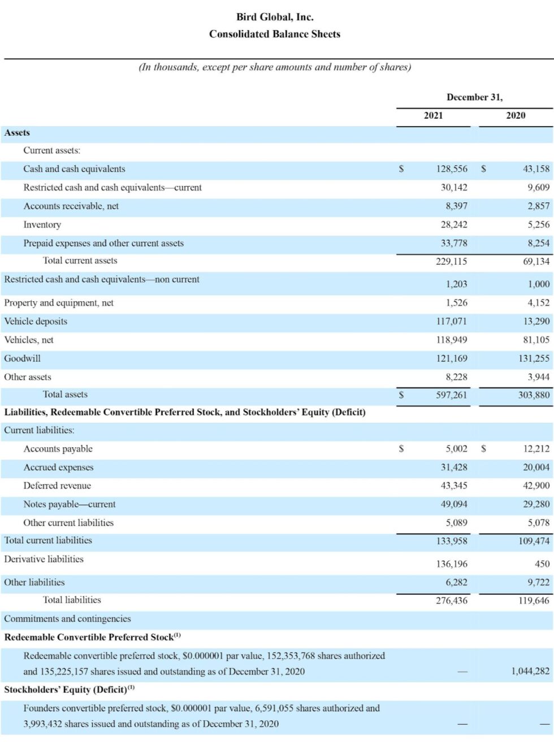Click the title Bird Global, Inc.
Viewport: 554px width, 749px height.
(275, 17)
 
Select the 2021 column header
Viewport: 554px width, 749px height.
(434, 116)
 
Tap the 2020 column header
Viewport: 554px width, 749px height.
(515, 116)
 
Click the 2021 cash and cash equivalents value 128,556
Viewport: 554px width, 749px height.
(452, 169)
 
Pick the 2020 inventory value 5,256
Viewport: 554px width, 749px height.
(538, 225)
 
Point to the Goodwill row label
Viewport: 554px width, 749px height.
(23, 358)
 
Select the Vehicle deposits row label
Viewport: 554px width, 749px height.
(36, 322)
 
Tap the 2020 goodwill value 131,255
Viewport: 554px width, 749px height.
(534, 358)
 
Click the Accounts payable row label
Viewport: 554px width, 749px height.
(58, 449)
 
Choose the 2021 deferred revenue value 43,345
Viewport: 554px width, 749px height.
(454, 486)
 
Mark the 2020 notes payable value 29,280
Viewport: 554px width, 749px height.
(536, 504)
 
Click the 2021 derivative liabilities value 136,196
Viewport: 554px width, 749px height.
(452, 564)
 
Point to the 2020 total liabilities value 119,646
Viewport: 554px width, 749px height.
(534, 600)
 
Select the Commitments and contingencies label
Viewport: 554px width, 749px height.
(67, 619)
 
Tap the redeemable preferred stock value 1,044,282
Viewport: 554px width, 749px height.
(530, 671)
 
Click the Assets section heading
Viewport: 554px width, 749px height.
(17, 133)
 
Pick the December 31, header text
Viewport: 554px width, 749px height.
(474, 97)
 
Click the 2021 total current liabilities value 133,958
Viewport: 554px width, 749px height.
(452, 541)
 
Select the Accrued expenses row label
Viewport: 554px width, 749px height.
(58, 467)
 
